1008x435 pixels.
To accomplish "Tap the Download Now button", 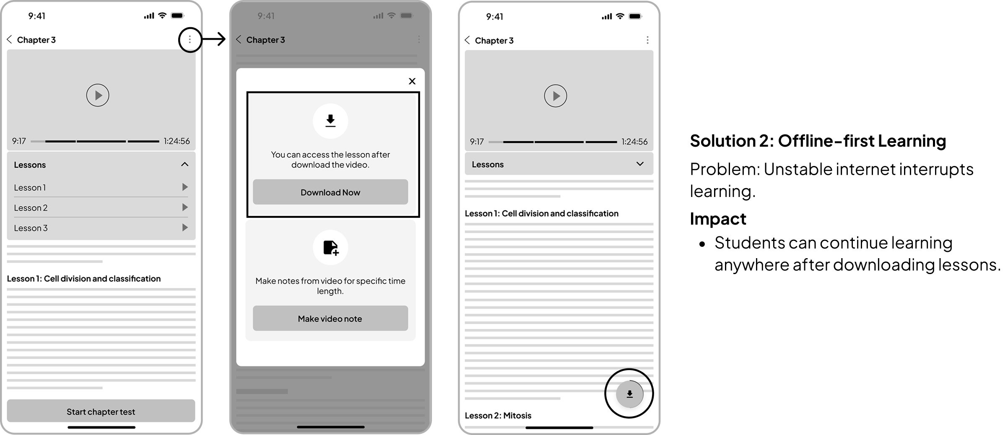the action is (330, 192).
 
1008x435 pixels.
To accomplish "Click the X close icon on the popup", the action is (412, 81).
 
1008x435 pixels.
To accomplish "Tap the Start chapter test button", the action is (101, 411).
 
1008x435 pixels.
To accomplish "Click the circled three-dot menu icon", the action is (190, 39).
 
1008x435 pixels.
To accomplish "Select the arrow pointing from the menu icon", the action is (214, 39).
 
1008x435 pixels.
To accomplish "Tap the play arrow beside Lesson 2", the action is (185, 207).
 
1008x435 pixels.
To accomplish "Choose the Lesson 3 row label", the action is (31, 228).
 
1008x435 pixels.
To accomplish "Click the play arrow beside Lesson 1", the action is (185, 187).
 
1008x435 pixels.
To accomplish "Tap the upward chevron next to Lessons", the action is (184, 164).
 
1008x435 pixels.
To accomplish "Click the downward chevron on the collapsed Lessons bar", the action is (640, 164).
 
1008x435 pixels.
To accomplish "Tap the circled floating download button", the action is (629, 394).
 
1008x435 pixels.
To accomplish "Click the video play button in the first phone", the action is (98, 95).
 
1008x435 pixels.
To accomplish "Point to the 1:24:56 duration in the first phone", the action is (177, 141).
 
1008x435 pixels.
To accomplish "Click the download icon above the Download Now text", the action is (330, 121).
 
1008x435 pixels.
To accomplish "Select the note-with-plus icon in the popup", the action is (330, 247).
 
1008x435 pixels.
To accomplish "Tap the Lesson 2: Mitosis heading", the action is (498, 415).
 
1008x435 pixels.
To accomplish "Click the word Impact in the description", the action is (718, 219).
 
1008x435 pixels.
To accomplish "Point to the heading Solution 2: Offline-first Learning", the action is (818, 141).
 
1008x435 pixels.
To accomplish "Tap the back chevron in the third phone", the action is (468, 40).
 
